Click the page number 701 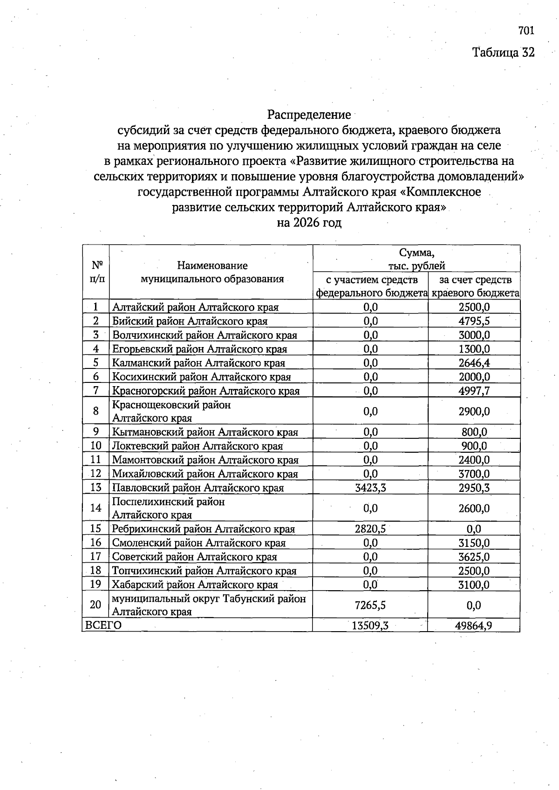pyautogui.click(x=525, y=31)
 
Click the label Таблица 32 pyautogui.click(x=503, y=52)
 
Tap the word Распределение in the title pyautogui.click(x=309, y=114)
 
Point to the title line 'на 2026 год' pyautogui.click(x=309, y=223)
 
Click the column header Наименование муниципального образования pyautogui.click(x=212, y=272)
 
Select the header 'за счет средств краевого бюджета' pyautogui.click(x=474, y=286)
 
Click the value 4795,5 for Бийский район pyautogui.click(x=474, y=321)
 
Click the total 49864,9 pyautogui.click(x=474, y=626)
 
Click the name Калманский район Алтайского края pyautogui.click(x=198, y=363)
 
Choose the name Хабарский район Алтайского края pyautogui.click(x=195, y=585)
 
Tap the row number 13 pyautogui.click(x=95, y=488)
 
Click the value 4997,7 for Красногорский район pyautogui.click(x=474, y=391)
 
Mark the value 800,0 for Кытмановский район pyautogui.click(x=474, y=432)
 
